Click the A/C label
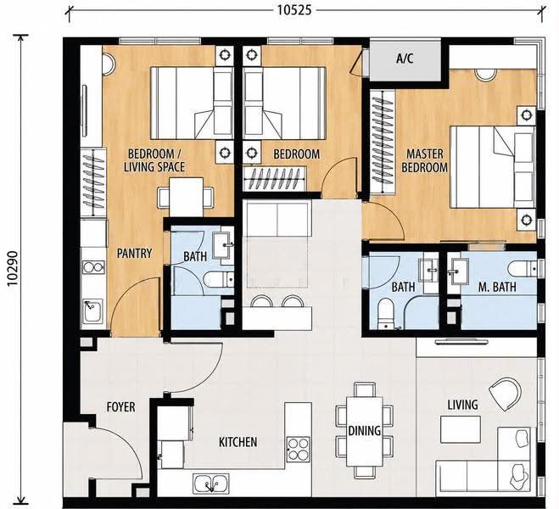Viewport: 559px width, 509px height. (405, 58)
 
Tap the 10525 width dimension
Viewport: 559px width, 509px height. (294, 10)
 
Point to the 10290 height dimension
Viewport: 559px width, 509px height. (13, 268)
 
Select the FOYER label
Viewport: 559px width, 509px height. (120, 406)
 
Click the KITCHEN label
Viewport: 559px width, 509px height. (238, 442)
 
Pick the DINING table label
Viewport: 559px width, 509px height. (365, 431)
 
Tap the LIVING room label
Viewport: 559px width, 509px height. (463, 405)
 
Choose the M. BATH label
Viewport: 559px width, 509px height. (497, 287)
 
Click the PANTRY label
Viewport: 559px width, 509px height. (134, 253)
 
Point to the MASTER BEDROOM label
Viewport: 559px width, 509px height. (425, 160)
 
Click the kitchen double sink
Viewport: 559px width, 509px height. (211, 484)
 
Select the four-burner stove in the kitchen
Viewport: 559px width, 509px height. (299, 449)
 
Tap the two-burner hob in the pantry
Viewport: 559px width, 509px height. (93, 266)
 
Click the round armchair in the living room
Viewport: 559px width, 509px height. (505, 394)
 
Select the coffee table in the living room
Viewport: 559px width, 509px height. (461, 429)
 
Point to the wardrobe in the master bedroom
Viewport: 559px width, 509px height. (383, 142)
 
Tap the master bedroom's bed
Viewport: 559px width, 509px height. (492, 166)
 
